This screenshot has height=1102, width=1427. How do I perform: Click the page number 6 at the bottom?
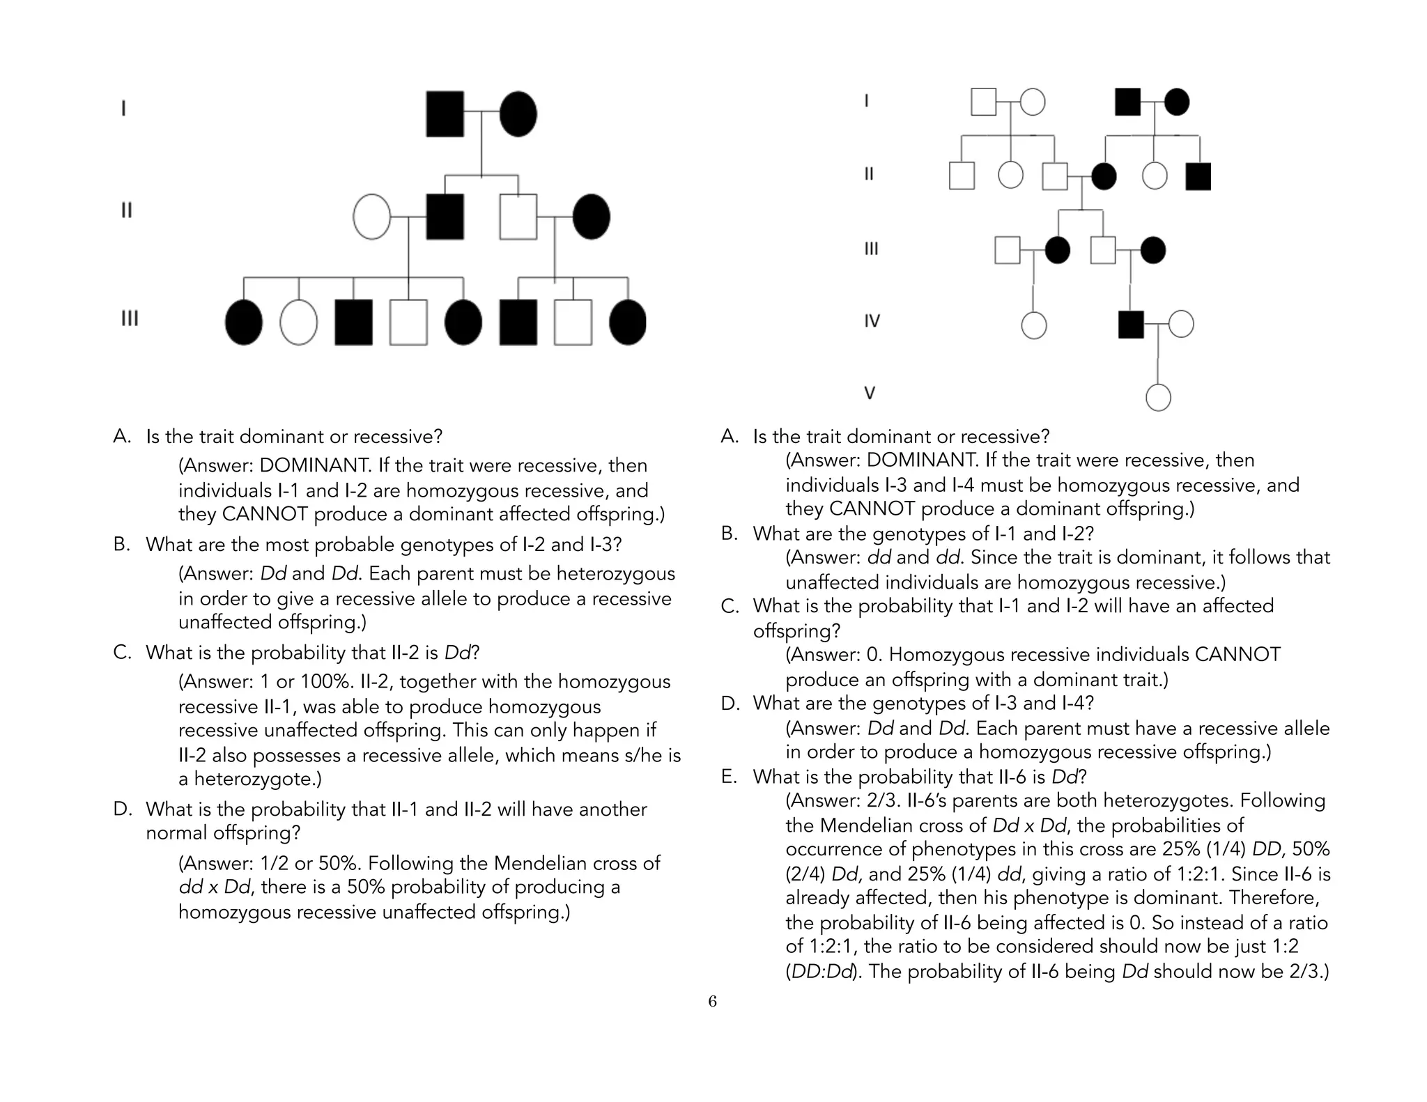pos(712,1002)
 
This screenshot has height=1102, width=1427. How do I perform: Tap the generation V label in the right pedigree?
pos(870,393)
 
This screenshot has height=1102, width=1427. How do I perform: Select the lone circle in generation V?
pos(1158,398)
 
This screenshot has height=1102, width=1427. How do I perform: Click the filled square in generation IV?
pos(1131,325)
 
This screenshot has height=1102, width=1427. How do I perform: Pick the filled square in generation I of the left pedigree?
pos(445,114)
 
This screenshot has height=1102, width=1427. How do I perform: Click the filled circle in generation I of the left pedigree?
pos(518,114)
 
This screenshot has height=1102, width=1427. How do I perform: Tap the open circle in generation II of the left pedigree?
pos(371,217)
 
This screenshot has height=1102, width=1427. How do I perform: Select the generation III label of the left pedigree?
pos(130,318)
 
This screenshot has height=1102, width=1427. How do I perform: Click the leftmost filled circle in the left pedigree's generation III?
pos(244,323)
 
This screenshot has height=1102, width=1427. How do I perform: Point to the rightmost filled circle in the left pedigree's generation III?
pos(627,323)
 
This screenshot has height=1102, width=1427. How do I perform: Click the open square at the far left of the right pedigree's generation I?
pos(983,102)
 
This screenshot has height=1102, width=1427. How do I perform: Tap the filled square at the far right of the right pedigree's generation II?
pos(1198,176)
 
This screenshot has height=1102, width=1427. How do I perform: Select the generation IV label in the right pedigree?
pos(872,321)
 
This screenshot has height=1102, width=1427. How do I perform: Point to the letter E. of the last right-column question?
pos(729,777)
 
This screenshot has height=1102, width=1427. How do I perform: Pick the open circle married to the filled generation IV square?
pos(1181,324)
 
